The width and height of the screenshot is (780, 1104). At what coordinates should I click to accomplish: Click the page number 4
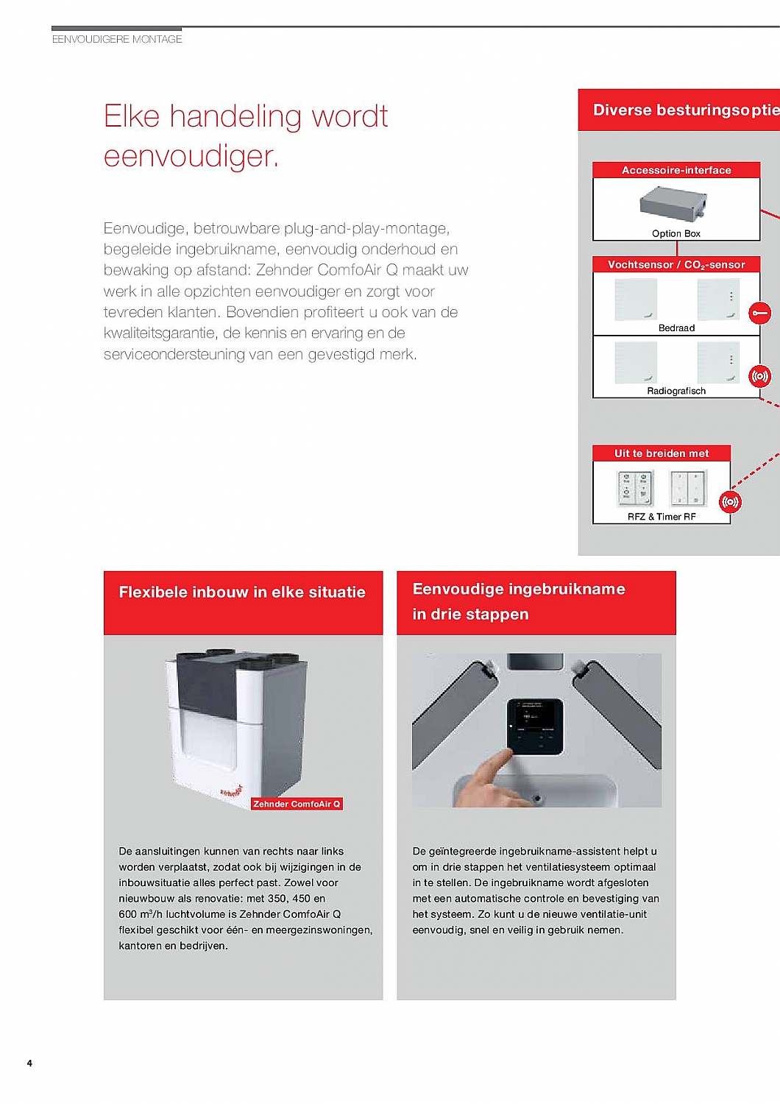pos(29,1063)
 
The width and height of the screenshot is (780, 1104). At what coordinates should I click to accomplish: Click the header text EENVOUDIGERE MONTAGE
pos(117,39)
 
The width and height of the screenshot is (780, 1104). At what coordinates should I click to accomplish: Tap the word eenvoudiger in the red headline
pos(191,156)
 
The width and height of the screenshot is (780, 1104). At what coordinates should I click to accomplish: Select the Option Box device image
pos(673,204)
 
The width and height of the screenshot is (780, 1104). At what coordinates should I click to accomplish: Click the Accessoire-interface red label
pos(676,170)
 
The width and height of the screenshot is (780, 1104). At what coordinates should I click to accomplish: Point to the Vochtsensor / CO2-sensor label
pos(676,264)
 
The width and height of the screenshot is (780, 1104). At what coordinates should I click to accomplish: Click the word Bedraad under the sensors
pos(676,328)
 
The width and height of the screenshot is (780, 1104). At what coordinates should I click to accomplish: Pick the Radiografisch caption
pos(676,391)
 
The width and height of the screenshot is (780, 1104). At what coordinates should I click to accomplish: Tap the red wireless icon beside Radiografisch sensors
pos(759,377)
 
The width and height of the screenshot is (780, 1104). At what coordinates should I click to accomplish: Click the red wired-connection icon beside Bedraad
pos(759,314)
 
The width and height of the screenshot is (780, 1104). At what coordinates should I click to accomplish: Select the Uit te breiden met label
pos(662,453)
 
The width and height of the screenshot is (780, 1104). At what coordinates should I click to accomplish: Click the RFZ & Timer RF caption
pos(662,517)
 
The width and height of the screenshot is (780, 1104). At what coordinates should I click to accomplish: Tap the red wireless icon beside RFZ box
pos(730,502)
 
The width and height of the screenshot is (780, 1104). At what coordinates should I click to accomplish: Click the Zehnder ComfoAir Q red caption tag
pos(297,804)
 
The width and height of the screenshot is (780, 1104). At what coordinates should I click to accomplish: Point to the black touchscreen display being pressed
pos(535,726)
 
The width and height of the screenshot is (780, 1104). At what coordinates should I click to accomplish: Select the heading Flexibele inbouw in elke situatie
pos(242,592)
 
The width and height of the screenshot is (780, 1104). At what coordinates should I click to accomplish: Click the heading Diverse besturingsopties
pos(684,110)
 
